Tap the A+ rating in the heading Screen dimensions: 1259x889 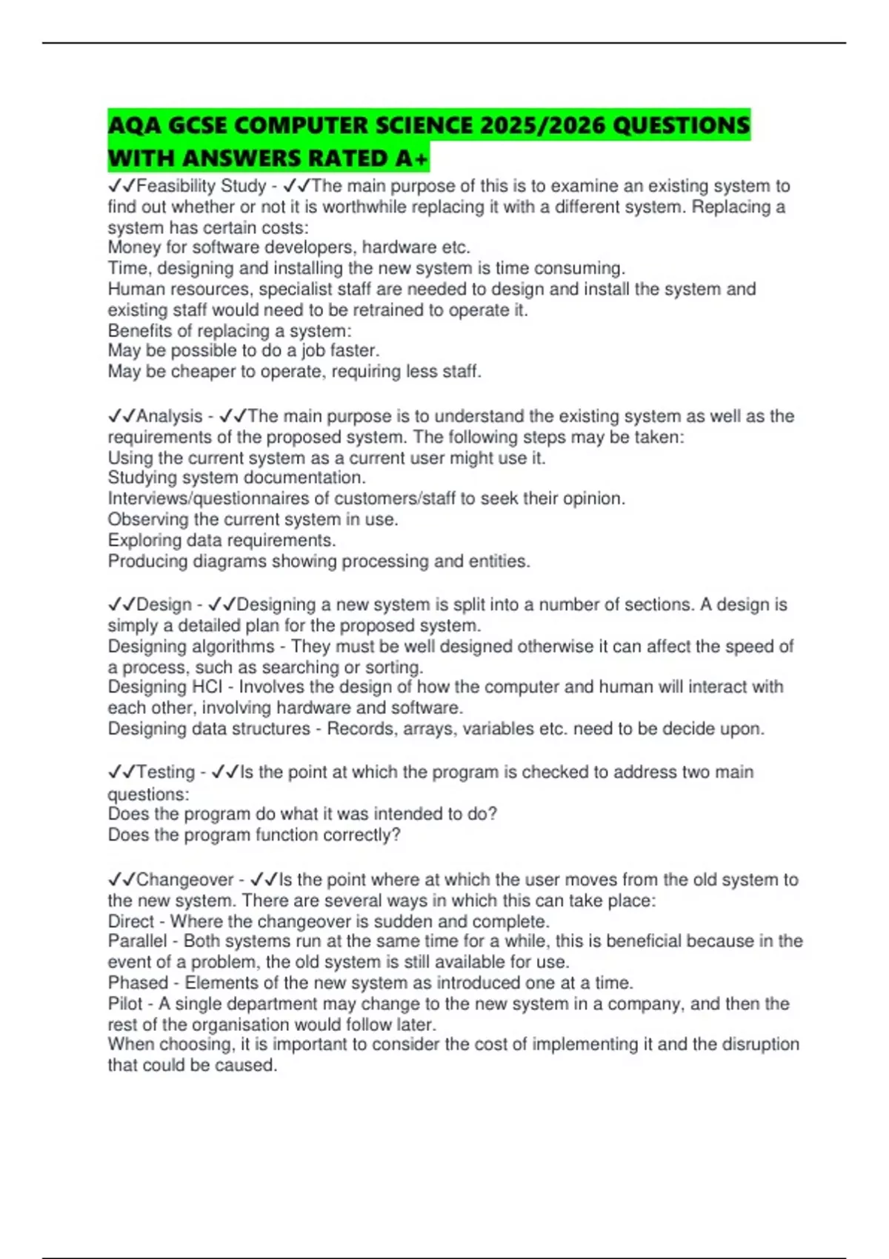pyautogui.click(x=411, y=158)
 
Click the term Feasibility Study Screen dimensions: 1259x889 pyautogui.click(x=201, y=186)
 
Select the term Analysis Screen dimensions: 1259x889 pyautogui.click(x=169, y=416)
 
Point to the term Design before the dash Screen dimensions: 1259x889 pyautogui.click(x=164, y=604)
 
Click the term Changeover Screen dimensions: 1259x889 pyautogui.click(x=184, y=879)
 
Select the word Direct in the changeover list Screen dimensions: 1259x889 pyautogui.click(x=131, y=921)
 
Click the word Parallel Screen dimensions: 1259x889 pyautogui.click(x=138, y=941)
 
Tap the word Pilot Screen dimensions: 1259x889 pyautogui.click(x=125, y=1003)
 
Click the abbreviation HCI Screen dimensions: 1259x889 pyautogui.click(x=207, y=687)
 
